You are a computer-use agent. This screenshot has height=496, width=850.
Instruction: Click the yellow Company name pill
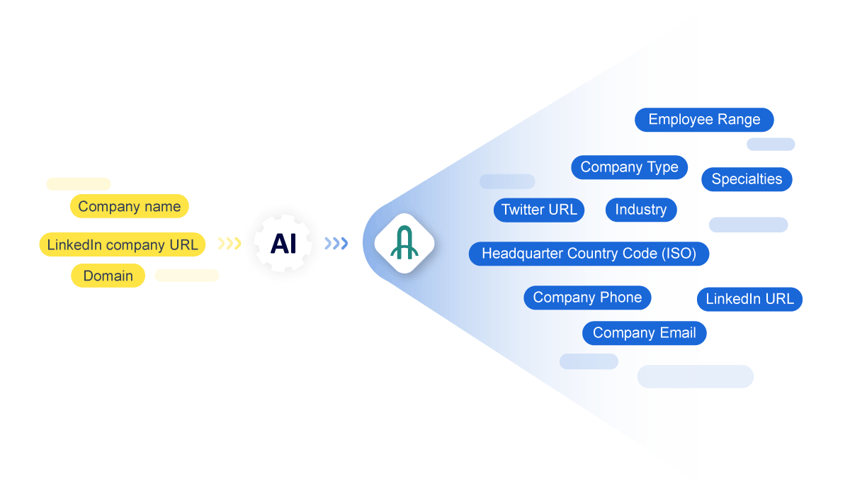coord(130,206)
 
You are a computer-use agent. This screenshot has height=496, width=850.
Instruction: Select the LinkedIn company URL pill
coord(123,245)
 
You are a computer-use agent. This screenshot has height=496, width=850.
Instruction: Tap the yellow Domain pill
coord(108,276)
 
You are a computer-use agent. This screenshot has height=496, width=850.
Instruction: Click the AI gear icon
coord(283,243)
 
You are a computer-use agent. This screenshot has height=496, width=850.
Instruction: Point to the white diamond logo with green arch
coord(404,243)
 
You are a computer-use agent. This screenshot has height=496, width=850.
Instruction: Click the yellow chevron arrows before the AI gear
coord(229,244)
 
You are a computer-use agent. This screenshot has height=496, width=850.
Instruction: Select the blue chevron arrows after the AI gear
coord(336,244)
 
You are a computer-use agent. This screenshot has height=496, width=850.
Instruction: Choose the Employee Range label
coord(704,120)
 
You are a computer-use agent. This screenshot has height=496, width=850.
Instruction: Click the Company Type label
coord(629,167)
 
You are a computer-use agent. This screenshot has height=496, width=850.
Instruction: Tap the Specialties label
coord(747,179)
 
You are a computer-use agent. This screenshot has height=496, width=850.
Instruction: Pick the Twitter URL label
coord(539,210)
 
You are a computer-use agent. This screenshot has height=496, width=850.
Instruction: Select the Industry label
coord(641,210)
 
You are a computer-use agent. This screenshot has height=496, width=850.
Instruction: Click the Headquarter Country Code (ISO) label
coord(589,253)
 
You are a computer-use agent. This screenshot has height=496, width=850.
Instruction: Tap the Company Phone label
coord(587,298)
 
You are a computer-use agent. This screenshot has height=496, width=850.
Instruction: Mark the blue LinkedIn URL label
coord(749,299)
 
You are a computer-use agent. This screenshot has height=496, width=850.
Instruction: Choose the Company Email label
coord(644,333)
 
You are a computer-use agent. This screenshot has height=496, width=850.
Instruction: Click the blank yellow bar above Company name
coord(79,184)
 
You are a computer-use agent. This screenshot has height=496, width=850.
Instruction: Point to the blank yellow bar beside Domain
coord(187,275)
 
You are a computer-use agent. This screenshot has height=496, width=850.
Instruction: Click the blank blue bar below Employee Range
coord(771,144)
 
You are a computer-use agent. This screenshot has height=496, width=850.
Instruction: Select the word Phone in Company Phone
coord(620,298)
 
